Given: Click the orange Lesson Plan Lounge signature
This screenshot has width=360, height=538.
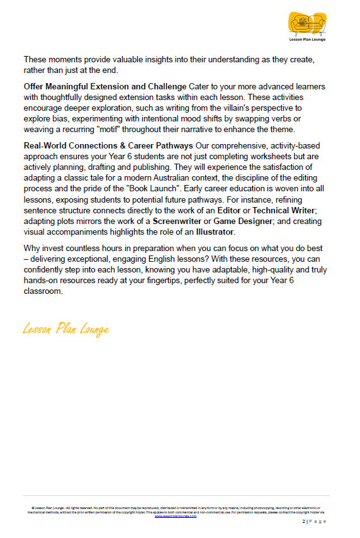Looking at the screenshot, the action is pyautogui.click(x=65, y=329).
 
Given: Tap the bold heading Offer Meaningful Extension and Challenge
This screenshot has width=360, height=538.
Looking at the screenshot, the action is pyautogui.click(x=104, y=86).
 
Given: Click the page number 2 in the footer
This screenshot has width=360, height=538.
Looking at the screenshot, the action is pyautogui.click(x=303, y=522).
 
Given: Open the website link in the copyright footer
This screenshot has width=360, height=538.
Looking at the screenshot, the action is pyautogui.click(x=180, y=516).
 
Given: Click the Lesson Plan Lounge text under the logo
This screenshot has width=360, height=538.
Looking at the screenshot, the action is pyautogui.click(x=308, y=40).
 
